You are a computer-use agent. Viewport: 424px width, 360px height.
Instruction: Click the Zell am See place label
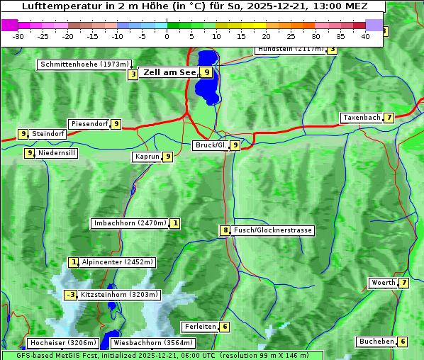click(x=169, y=72)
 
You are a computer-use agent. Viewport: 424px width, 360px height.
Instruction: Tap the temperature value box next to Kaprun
click(x=167, y=157)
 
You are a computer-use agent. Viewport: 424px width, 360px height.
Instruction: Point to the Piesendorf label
click(x=89, y=124)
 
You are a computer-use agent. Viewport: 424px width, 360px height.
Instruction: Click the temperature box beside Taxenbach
click(x=389, y=118)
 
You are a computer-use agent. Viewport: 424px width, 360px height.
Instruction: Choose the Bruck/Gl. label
click(x=211, y=145)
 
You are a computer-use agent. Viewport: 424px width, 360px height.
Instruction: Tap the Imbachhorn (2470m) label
click(x=130, y=223)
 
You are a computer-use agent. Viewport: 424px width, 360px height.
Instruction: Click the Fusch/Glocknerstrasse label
click(x=273, y=230)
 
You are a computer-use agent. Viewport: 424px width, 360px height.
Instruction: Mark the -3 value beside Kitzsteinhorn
click(x=70, y=295)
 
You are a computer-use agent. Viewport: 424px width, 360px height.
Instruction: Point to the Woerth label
click(x=384, y=283)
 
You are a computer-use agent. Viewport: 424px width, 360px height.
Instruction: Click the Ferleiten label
click(x=199, y=327)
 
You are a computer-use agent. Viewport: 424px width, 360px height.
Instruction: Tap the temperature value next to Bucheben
click(x=403, y=342)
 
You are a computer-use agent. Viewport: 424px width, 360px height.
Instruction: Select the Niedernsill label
click(x=57, y=152)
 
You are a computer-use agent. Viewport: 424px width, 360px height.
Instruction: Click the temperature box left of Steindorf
click(x=23, y=133)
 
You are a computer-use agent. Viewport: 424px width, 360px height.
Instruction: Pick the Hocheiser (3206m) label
click(x=57, y=343)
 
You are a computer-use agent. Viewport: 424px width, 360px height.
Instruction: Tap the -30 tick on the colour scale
click(x=18, y=35)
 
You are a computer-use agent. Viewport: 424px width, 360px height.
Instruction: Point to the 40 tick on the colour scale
click(x=365, y=35)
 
